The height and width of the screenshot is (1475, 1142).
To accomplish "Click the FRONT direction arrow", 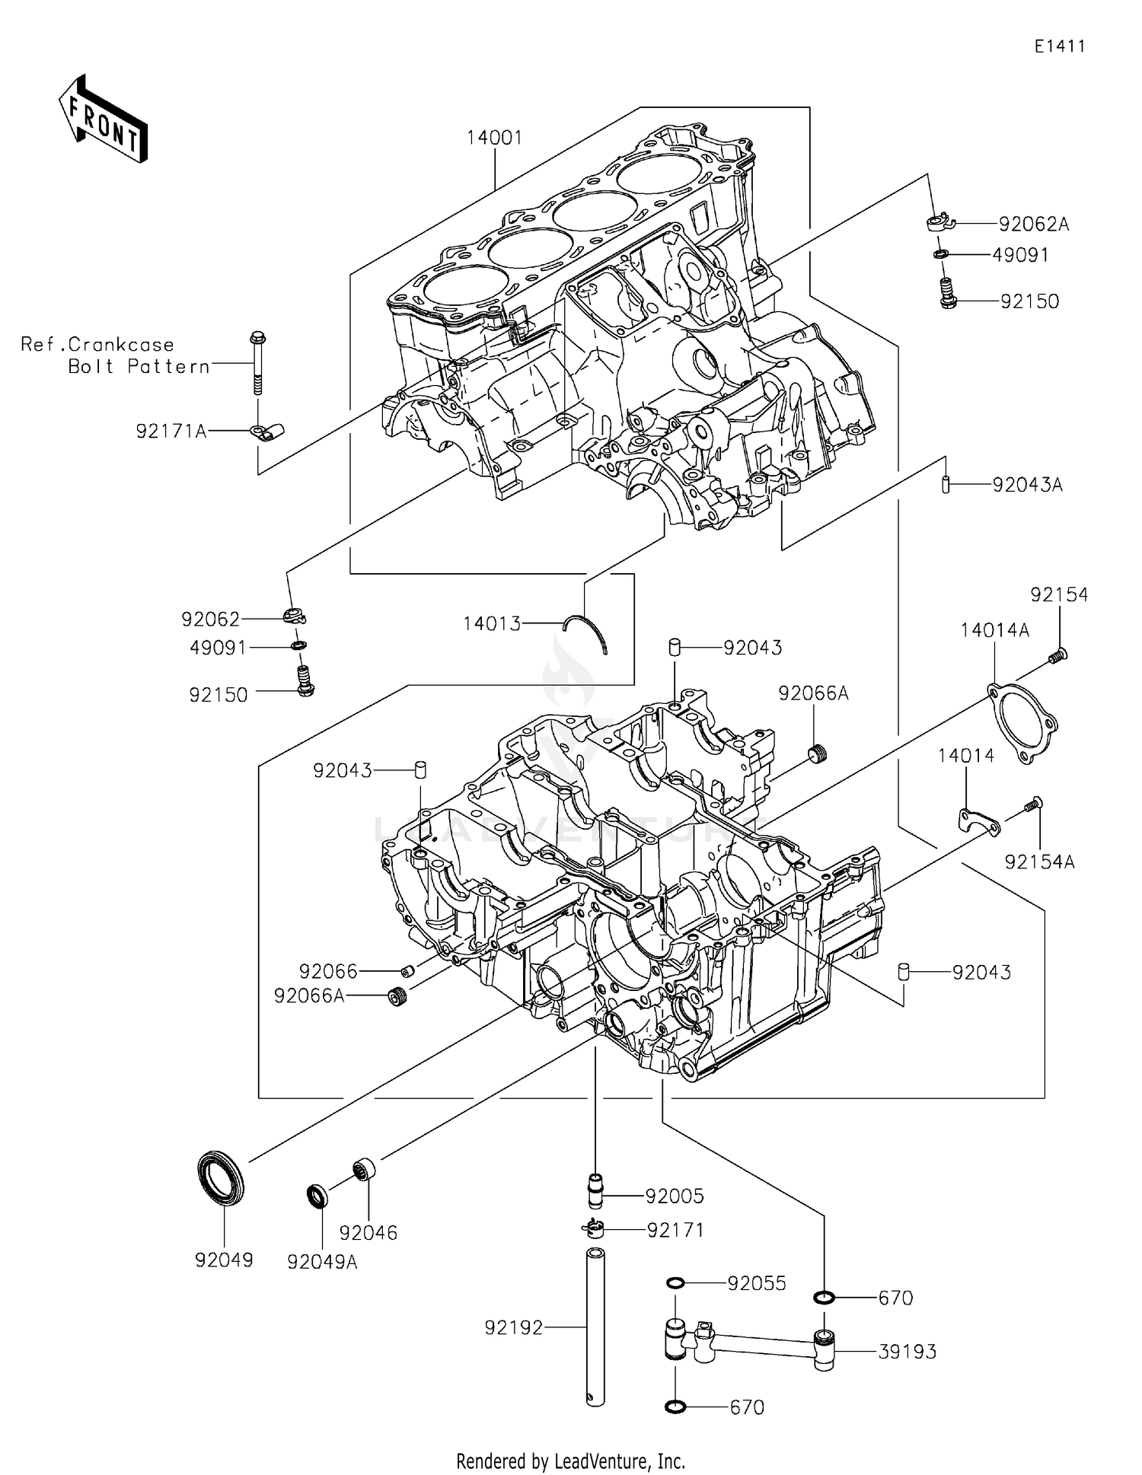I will pyautogui.click(x=103, y=120).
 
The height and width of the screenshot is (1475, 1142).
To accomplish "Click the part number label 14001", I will pyautogui.click(x=494, y=138).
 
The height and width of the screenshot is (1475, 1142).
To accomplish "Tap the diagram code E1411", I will pyautogui.click(x=1059, y=46).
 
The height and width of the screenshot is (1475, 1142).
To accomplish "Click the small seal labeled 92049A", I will pyautogui.click(x=317, y=1196).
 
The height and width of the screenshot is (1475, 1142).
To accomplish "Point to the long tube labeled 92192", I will pyautogui.click(x=595, y=1328).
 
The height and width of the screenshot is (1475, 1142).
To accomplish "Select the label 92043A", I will pyautogui.click(x=1027, y=485).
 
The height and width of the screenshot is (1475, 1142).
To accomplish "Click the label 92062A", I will pyautogui.click(x=1033, y=224).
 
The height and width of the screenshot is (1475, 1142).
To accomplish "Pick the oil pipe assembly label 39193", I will pyautogui.click(x=907, y=1352).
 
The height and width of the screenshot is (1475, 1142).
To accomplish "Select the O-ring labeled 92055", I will pyautogui.click(x=675, y=1284).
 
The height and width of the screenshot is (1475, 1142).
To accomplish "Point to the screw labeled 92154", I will pyautogui.click(x=1057, y=654).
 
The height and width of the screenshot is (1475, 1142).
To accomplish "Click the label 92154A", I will pyautogui.click(x=1039, y=862).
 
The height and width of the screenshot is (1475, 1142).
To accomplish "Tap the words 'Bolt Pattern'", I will pyautogui.click(x=139, y=366).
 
